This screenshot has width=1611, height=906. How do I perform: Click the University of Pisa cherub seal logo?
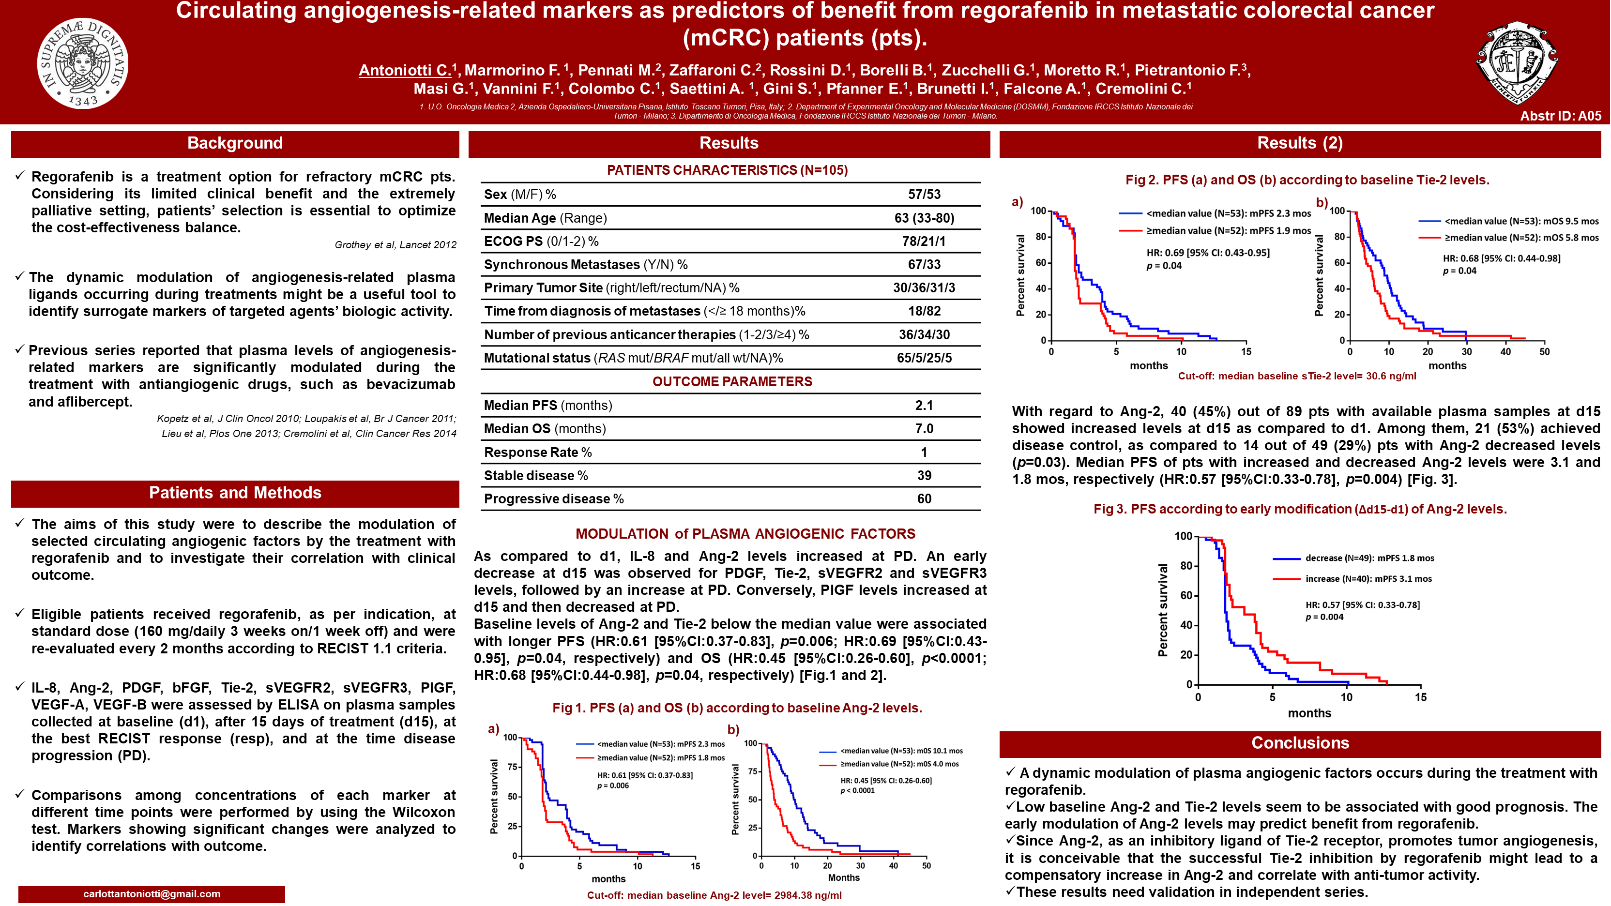click(83, 63)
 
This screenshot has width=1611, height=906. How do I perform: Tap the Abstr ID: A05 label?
click(1560, 116)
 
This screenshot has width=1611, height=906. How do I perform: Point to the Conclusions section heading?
click(1300, 743)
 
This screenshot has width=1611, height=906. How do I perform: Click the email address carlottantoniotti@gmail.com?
click(152, 893)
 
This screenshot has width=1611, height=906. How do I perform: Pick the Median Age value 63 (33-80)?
click(924, 218)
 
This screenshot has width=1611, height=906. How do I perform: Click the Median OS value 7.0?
click(924, 429)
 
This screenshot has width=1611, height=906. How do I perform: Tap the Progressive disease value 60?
click(924, 499)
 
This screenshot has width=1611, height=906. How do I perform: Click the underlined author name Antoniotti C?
click(405, 71)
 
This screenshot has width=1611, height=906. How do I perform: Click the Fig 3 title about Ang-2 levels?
click(1300, 509)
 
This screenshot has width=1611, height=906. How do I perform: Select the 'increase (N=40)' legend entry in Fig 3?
click(1368, 579)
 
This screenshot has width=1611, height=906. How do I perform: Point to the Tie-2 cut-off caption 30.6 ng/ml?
click(1296, 376)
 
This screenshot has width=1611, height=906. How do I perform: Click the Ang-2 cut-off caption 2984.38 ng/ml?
click(714, 895)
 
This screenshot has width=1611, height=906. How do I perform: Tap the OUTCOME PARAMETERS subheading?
click(732, 381)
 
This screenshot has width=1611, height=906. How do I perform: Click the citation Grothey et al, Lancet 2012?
click(395, 245)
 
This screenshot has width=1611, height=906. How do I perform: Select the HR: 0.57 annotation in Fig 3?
click(1362, 604)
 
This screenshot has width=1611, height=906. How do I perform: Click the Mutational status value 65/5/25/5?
click(924, 358)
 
